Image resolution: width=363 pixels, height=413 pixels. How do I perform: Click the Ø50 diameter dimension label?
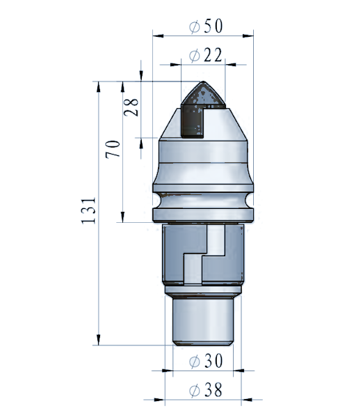pyautogui.click(x=206, y=26)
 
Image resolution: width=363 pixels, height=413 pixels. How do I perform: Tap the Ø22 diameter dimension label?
pyautogui.click(x=206, y=55)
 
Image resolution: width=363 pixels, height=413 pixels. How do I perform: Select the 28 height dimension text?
pyautogui.click(x=131, y=107)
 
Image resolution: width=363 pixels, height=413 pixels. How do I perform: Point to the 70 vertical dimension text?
pyautogui.click(x=113, y=149)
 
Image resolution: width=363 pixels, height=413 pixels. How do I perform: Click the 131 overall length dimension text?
pyautogui.click(x=88, y=211)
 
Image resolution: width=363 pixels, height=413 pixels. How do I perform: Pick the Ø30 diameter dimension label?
pyautogui.click(x=206, y=361)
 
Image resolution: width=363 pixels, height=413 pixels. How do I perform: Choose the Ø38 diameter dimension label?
pyautogui.click(x=206, y=389)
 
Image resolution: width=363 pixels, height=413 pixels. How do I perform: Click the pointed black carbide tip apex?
pyautogui.click(x=203, y=81)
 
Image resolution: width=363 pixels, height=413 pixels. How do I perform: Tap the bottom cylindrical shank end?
pyautogui.click(x=203, y=321)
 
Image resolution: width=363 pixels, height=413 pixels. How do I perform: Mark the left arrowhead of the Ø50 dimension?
pyautogui.click(x=158, y=36)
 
